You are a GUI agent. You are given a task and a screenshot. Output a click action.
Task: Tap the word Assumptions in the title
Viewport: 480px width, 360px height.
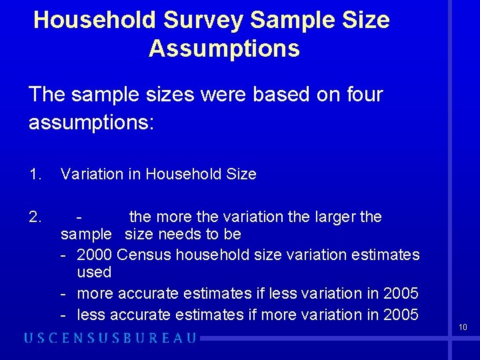click(224, 49)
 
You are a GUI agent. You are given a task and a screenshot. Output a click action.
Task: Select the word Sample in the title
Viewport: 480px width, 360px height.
click(290, 20)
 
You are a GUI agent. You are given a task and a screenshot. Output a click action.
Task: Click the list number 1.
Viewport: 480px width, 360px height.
click(35, 175)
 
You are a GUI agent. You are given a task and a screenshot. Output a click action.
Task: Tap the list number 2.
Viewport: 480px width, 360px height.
click(35, 217)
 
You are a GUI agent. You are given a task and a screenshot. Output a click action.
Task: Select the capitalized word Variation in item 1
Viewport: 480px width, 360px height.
click(91, 175)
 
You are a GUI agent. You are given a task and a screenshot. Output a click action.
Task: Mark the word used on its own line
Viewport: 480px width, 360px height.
click(94, 273)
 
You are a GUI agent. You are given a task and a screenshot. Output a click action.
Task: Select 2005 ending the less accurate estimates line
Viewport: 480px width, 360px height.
click(401, 314)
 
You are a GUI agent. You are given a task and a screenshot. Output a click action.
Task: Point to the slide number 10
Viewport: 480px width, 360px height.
click(463, 327)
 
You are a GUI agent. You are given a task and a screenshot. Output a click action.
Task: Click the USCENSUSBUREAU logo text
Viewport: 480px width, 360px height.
click(110, 337)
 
